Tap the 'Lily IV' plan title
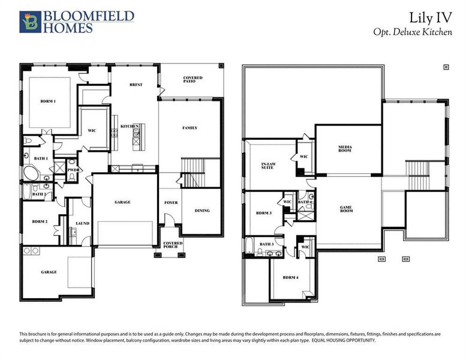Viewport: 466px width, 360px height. [x=428, y=17]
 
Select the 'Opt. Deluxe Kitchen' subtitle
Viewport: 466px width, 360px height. [x=413, y=32]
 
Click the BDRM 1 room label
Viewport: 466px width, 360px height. [x=49, y=101]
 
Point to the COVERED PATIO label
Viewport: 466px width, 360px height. [x=193, y=80]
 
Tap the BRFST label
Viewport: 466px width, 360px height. [x=136, y=85]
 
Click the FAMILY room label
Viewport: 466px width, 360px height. [x=190, y=128]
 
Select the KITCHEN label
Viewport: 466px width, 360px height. [x=130, y=126]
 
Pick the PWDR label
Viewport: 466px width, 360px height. [x=74, y=170]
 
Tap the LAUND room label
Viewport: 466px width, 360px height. [x=82, y=223]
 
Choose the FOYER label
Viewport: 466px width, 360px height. [x=171, y=203]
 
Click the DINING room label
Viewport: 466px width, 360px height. [x=202, y=211]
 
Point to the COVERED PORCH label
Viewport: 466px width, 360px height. [x=173, y=245]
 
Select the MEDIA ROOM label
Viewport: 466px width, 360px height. [x=344, y=148]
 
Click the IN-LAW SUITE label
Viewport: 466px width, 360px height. [x=269, y=165]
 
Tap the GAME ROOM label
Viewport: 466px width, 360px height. [x=346, y=209]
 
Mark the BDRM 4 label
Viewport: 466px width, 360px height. [x=290, y=278]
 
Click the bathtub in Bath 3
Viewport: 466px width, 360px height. [x=250, y=245]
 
